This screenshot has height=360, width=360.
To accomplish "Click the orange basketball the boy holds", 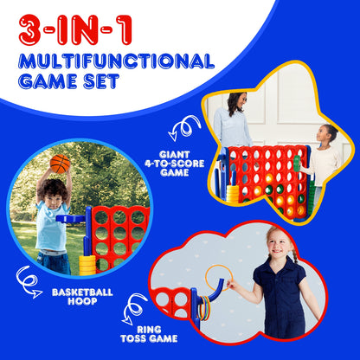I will click(60, 164).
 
